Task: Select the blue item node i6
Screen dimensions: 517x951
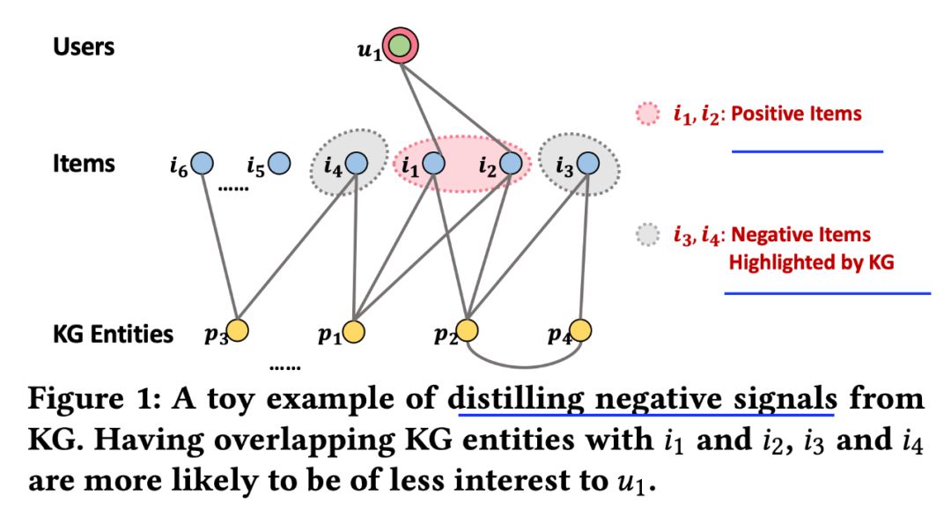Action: click(203, 163)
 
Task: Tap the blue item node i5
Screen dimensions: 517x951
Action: click(280, 163)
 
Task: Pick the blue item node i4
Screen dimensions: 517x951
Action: click(357, 163)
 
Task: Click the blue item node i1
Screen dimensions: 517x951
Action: click(433, 163)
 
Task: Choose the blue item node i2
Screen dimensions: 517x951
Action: click(511, 163)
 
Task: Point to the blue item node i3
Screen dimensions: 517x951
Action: click(587, 163)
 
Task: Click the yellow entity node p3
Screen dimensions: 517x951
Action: click(237, 331)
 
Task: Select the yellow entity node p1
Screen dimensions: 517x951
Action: click(353, 331)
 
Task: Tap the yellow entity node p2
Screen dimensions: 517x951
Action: click(467, 331)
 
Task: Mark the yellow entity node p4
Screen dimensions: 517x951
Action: click(580, 331)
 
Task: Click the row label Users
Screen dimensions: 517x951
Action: click(84, 46)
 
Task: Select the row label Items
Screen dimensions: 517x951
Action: click(84, 163)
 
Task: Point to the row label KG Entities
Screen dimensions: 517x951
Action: click(113, 334)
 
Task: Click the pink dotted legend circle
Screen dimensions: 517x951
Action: click(646, 114)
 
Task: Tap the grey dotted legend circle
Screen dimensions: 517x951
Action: click(646, 236)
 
